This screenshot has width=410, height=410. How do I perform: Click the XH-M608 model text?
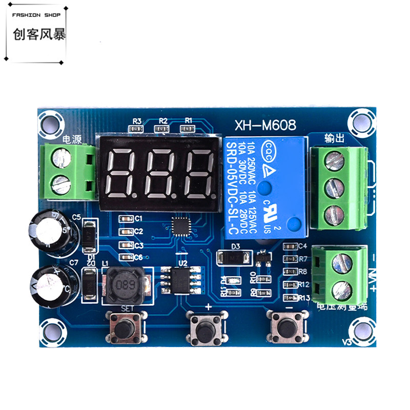[x=265, y=125]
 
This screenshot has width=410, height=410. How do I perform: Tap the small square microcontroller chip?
[x=180, y=225]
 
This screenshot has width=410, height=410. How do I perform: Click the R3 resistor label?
[x=136, y=121]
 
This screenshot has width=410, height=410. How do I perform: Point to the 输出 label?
[x=333, y=138]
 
